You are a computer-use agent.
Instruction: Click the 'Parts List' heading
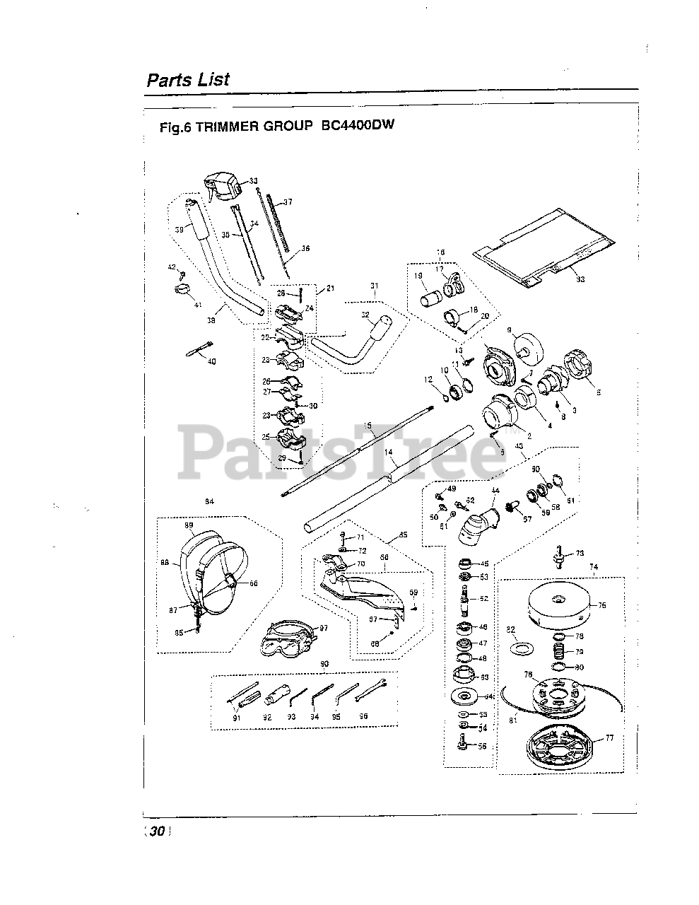188,79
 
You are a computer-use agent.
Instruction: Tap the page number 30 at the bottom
157,832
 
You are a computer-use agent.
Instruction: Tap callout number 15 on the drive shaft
367,425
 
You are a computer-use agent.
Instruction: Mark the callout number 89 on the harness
189,525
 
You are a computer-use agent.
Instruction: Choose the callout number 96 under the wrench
363,716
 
